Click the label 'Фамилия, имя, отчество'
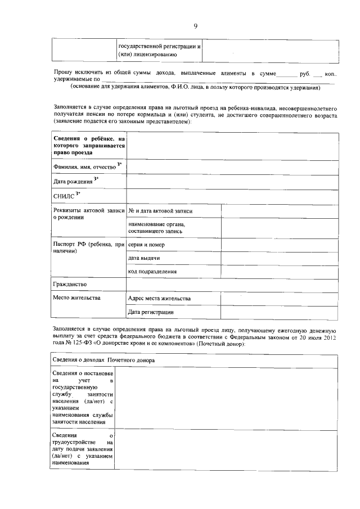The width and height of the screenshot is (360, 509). pos(85,167)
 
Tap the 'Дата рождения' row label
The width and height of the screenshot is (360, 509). pos(73,182)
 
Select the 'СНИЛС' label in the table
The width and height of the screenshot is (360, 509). pos(64,196)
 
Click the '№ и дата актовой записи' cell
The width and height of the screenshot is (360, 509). pos(160,211)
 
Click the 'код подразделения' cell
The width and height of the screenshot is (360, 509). pos(152,272)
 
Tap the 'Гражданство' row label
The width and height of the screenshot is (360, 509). pos(70,285)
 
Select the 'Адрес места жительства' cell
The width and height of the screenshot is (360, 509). pos(159,298)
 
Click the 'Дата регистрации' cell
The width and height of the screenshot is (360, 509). pos(151,312)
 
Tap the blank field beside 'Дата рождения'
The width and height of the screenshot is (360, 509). pos(232,182)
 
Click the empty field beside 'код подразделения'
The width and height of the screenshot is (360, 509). pos(280,272)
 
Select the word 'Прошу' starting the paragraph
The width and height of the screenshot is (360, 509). pos(64,73)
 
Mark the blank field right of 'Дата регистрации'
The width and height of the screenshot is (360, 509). pos(280,312)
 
